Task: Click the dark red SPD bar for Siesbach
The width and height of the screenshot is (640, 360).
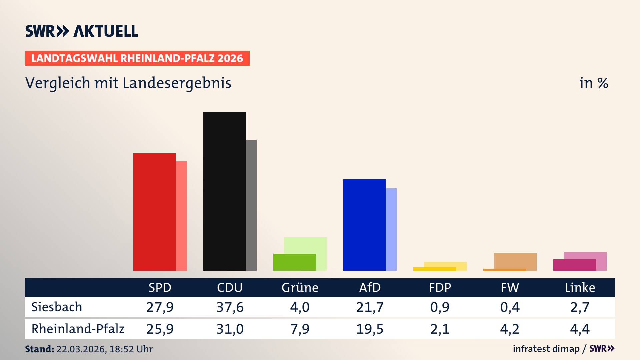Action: point(154,212)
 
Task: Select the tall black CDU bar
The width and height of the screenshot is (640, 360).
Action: point(224,191)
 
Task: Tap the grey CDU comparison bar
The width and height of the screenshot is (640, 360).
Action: point(252,205)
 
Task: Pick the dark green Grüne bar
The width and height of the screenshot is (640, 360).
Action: point(294,262)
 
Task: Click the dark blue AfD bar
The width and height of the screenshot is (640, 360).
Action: point(364,225)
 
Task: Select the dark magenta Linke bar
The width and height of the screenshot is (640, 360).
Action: point(574,265)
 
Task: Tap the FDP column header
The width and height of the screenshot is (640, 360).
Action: point(440,287)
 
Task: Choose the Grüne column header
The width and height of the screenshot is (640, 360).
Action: point(300,287)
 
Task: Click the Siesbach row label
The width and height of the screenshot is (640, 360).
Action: point(57,307)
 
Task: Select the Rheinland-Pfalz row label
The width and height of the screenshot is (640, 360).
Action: point(78,329)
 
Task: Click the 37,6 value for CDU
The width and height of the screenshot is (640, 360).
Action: point(230,307)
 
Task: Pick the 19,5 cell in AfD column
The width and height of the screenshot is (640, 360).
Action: point(370,329)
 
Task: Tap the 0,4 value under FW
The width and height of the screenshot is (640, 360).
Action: point(510,307)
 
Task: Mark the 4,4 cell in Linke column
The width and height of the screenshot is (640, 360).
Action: point(580,329)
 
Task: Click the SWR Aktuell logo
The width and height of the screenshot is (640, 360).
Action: point(82,31)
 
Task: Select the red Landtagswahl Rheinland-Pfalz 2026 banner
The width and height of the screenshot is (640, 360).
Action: point(137,58)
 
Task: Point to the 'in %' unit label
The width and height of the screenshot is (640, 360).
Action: point(593,83)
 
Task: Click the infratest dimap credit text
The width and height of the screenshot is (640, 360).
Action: point(546,349)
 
